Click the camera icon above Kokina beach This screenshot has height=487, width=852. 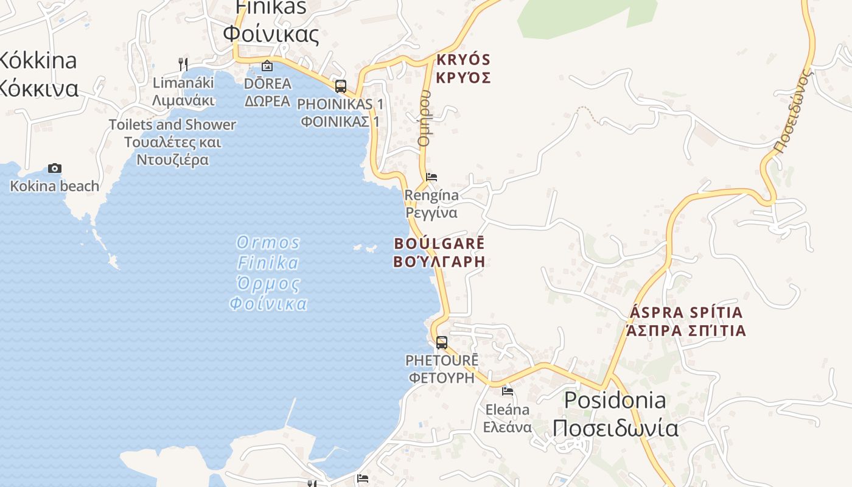(x=55, y=169)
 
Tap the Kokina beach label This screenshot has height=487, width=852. (x=55, y=186)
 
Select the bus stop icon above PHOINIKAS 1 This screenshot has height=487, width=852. (x=341, y=86)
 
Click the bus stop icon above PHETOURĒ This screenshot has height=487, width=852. (x=442, y=343)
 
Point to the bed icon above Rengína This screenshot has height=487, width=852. (x=431, y=177)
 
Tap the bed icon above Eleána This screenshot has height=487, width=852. (x=508, y=391)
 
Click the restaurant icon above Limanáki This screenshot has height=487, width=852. (x=183, y=64)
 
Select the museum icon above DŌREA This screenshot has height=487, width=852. (x=267, y=66)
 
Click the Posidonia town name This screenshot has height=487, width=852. (x=615, y=414)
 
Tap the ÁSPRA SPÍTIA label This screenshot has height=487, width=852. (x=686, y=321)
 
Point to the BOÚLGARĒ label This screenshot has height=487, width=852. (x=439, y=252)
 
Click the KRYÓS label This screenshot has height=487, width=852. (x=463, y=69)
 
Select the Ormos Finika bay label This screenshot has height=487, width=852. (x=268, y=273)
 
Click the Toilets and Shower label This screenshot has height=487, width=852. (x=172, y=142)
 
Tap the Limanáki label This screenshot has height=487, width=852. (x=183, y=91)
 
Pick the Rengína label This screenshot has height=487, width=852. (x=431, y=204)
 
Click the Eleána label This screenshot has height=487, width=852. (x=508, y=418)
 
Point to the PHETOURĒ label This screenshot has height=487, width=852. (x=442, y=368)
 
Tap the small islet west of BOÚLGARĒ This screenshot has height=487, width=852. (x=366, y=247)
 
